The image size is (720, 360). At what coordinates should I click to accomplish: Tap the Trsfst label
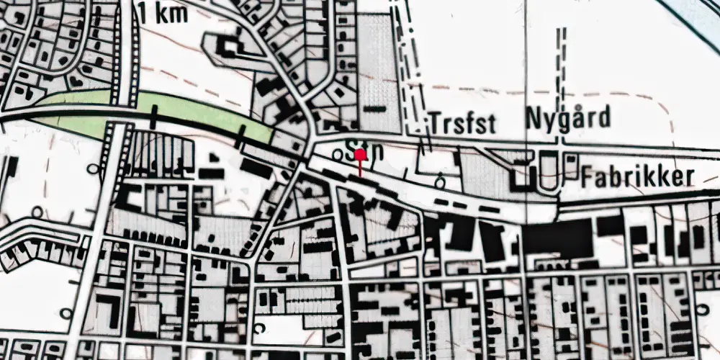[463, 123]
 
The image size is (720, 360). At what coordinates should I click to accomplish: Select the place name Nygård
[568, 117]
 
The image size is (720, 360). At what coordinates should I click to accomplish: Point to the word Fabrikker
[639, 176]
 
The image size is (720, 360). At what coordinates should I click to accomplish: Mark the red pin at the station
[359, 162]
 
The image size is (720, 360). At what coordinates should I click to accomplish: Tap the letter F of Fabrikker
[589, 176]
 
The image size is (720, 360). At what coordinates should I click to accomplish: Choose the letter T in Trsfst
[436, 123]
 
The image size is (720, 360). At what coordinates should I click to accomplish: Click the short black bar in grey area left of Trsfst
[373, 109]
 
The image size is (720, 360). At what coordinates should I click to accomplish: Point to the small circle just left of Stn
[338, 154]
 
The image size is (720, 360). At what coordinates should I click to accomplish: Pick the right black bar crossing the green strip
[243, 130]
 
